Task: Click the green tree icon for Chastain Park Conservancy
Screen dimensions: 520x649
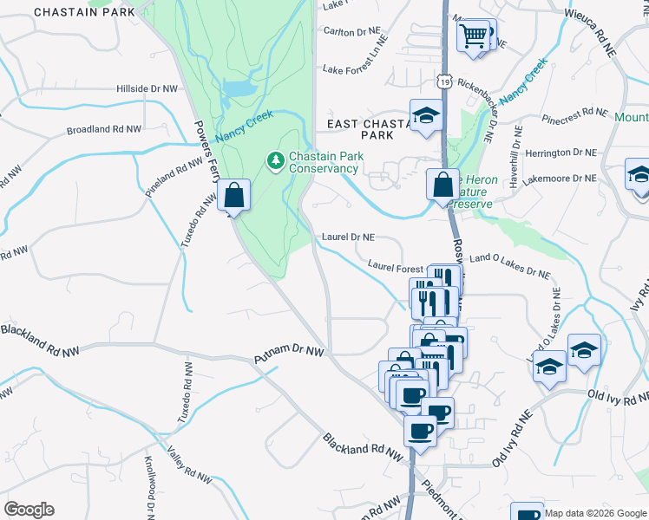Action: (276, 160)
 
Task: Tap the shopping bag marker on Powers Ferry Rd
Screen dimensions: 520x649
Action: (234, 195)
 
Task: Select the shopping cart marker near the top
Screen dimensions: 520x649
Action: (474, 36)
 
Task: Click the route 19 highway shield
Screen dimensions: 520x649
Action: (444, 81)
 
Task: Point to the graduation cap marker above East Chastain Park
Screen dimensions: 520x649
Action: (426, 115)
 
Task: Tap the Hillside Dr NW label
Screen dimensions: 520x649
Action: (152, 88)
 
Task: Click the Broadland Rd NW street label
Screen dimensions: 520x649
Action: (103, 129)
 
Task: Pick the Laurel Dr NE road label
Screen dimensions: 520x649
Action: (348, 236)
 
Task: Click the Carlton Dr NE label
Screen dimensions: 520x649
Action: (351, 32)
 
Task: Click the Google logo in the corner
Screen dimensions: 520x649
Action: (29, 509)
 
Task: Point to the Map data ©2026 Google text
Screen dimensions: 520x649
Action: (594, 513)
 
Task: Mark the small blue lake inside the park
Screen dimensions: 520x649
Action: (237, 88)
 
